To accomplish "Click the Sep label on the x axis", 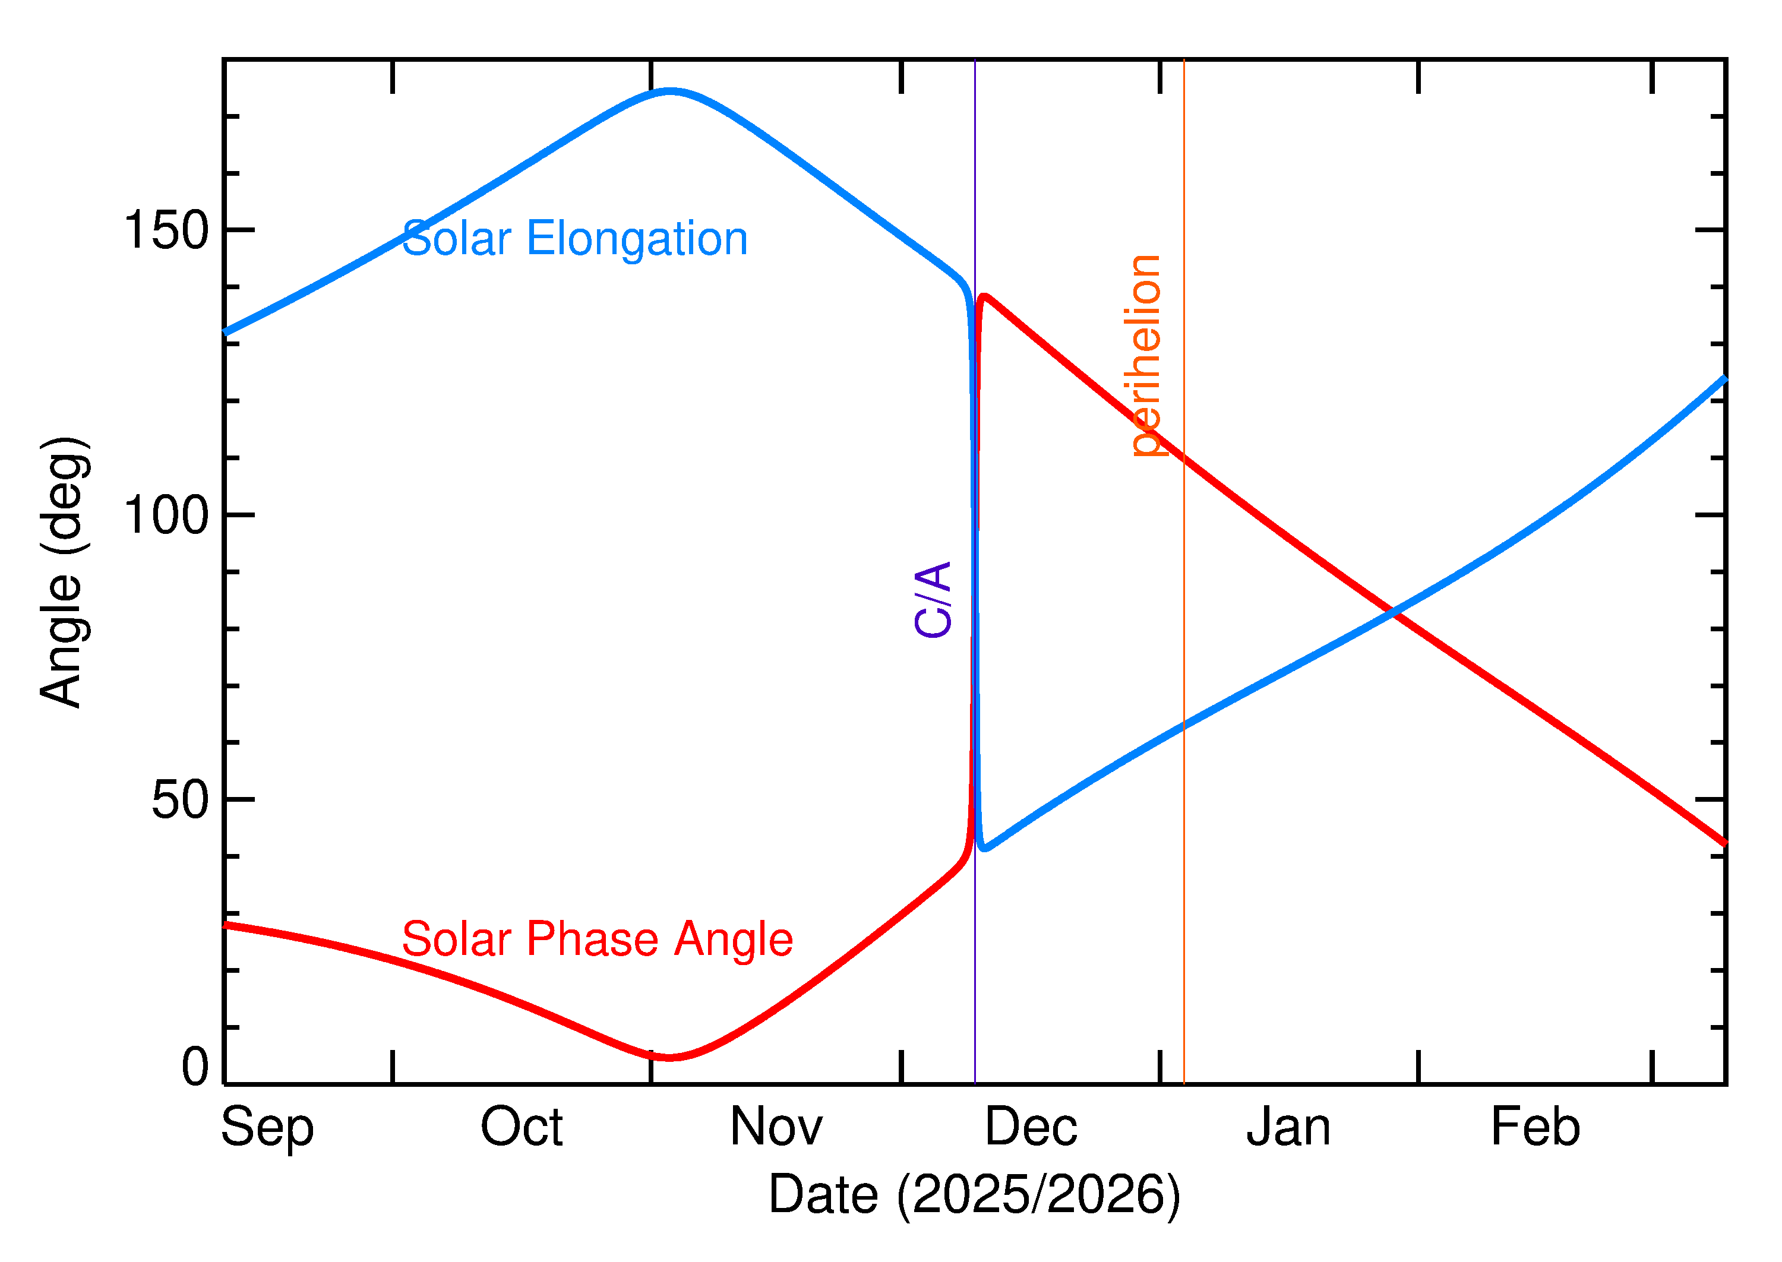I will click(x=267, y=1128).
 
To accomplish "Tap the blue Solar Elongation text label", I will click(x=574, y=239).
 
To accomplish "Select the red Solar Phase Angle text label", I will click(x=597, y=939).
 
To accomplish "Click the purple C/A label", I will click(x=933, y=599).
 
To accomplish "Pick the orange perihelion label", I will click(x=1145, y=355).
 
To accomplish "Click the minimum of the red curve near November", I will click(x=669, y=1057).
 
